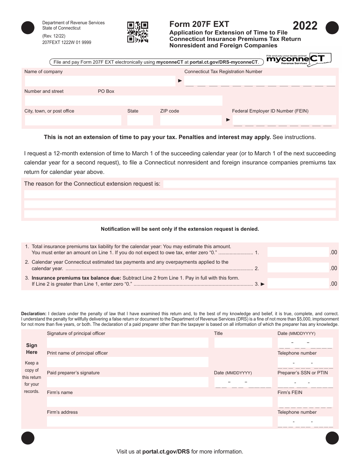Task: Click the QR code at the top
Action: (137, 32)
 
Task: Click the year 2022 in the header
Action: (305, 26)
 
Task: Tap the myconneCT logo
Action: (299, 59)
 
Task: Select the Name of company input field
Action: (100, 81)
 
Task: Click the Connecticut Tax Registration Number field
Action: (260, 81)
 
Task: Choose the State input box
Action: (140, 120)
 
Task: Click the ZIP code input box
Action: (191, 120)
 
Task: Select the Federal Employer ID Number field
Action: (284, 120)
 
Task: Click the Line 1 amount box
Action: (298, 252)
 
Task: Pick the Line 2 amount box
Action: (298, 268)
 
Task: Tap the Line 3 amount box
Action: (298, 283)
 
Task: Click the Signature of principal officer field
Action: (127, 343)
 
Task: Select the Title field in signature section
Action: (243, 343)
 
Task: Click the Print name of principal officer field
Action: (127, 362)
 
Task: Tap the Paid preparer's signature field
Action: (127, 382)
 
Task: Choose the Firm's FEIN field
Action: (305, 402)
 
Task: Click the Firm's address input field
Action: (160, 422)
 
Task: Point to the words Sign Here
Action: (32, 349)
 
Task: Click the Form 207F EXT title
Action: (199, 24)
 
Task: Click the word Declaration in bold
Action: (34, 314)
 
